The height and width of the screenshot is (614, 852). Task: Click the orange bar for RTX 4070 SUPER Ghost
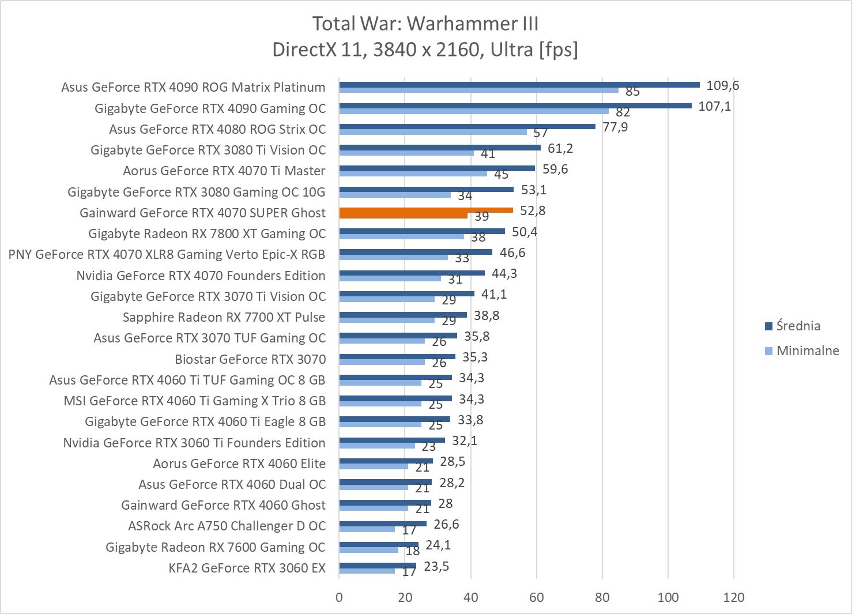click(x=425, y=210)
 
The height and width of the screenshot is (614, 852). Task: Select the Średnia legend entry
click(x=798, y=326)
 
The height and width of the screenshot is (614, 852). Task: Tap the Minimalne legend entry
click(x=807, y=351)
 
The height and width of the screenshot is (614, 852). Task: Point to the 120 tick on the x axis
click(x=733, y=597)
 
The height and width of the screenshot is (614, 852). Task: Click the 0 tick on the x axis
click(x=339, y=597)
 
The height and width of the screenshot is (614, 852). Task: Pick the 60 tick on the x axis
click(x=536, y=597)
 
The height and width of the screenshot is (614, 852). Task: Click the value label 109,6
click(x=722, y=86)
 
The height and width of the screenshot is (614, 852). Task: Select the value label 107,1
click(x=714, y=107)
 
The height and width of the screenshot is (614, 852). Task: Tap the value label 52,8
click(x=532, y=211)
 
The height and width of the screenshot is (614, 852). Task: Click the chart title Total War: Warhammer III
click(x=425, y=24)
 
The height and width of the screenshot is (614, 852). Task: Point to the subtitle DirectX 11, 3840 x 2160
click(x=425, y=50)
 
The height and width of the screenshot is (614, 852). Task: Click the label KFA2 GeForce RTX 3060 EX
click(x=247, y=568)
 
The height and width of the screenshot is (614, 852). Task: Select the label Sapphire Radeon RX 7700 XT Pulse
click(x=224, y=317)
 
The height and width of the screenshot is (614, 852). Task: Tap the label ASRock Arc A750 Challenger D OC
click(x=227, y=526)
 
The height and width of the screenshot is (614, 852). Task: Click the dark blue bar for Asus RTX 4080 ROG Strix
click(x=467, y=126)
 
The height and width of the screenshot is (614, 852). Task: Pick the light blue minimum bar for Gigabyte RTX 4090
click(x=473, y=111)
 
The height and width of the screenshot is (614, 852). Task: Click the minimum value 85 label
click(x=632, y=92)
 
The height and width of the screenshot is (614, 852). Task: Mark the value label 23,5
click(x=436, y=566)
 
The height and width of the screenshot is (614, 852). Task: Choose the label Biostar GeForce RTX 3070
click(x=250, y=359)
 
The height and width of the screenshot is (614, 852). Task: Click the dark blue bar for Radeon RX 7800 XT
click(x=422, y=231)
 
